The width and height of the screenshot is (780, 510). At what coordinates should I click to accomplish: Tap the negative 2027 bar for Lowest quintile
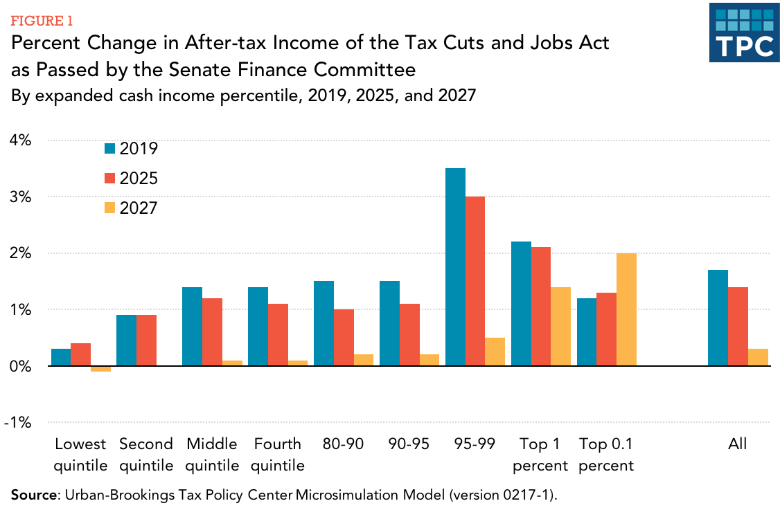click(x=100, y=369)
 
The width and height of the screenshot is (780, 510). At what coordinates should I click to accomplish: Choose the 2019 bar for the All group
click(x=718, y=318)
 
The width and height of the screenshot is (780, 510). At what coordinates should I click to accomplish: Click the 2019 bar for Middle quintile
click(x=192, y=326)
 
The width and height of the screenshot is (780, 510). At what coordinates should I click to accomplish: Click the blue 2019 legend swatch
click(x=109, y=148)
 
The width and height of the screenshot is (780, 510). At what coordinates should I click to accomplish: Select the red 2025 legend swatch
click(x=109, y=178)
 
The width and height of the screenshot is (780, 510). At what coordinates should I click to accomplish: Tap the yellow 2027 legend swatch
click(x=109, y=208)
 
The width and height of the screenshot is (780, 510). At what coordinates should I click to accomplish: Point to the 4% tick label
click(x=20, y=140)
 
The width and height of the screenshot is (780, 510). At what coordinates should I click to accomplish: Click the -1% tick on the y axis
click(x=18, y=423)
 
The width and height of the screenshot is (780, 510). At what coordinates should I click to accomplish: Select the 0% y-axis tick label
click(x=20, y=366)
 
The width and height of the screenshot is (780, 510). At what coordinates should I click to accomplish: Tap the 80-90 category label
click(x=343, y=444)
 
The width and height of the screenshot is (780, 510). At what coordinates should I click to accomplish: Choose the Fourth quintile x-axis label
click(x=277, y=455)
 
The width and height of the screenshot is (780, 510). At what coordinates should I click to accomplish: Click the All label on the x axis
click(x=738, y=444)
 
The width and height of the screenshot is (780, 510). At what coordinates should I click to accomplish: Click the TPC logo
click(x=743, y=33)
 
